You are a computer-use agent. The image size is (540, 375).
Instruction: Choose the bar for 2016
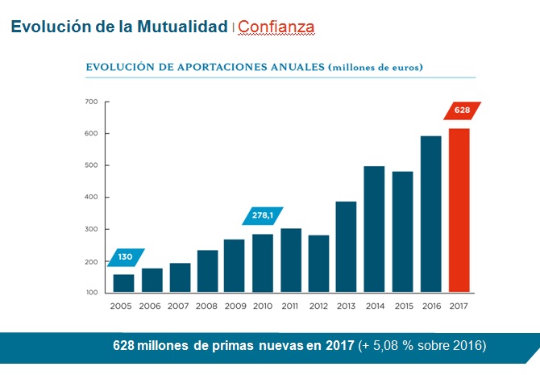(x=430, y=214)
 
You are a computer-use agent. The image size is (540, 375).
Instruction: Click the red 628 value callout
(x=462, y=110)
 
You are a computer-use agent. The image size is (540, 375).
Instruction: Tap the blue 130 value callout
(x=125, y=257)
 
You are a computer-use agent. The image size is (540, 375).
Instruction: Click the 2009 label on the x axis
(x=235, y=306)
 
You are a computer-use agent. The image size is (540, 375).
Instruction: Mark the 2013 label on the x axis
(x=347, y=306)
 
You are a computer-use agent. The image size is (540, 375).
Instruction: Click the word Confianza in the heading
(x=276, y=27)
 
